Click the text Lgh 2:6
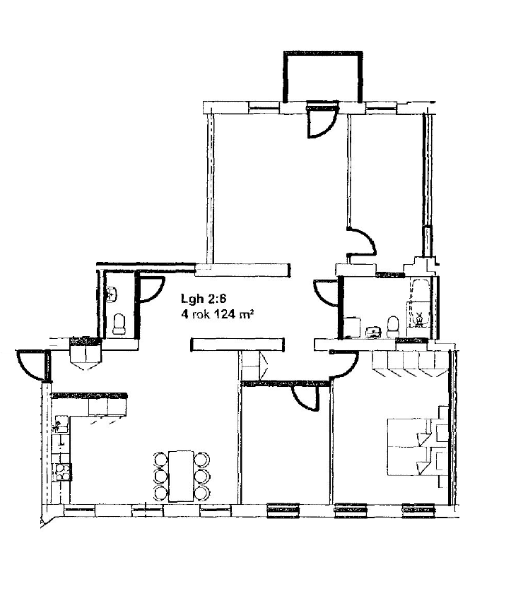tap(204, 298)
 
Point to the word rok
tap(201, 315)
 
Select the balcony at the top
tap(322, 76)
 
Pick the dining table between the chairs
tap(181, 477)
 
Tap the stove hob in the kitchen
tap(63, 472)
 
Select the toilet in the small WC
tap(119, 324)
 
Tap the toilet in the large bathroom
tap(392, 326)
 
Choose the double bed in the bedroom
tap(412, 447)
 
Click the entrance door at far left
tap(32, 365)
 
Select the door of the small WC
tap(151, 289)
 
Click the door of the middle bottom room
tap(305, 398)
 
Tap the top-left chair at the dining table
tap(160, 459)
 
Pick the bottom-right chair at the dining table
tap(201, 494)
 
